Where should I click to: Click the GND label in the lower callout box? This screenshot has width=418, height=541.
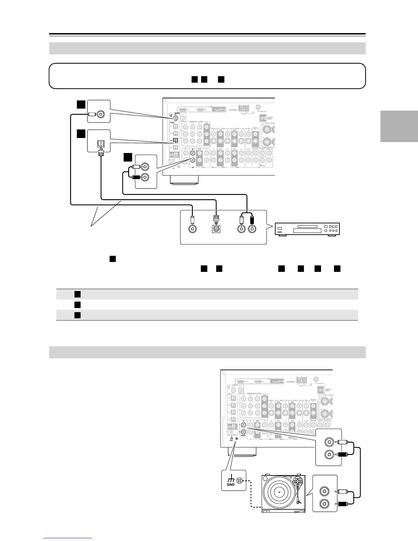point(231,484)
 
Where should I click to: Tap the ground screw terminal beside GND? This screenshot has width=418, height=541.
point(239,481)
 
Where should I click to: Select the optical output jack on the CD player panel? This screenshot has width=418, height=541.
point(216,228)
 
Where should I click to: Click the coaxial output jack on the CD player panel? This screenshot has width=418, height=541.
point(193,228)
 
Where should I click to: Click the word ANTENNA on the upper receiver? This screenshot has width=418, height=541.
point(234,110)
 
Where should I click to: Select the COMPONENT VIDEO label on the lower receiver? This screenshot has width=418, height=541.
point(256,393)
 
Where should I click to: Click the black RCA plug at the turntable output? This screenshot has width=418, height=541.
point(341,504)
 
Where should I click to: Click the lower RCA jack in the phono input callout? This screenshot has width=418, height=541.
point(329,455)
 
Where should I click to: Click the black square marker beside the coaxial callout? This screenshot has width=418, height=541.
point(81,104)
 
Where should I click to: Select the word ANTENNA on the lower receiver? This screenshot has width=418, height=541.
point(293,382)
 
